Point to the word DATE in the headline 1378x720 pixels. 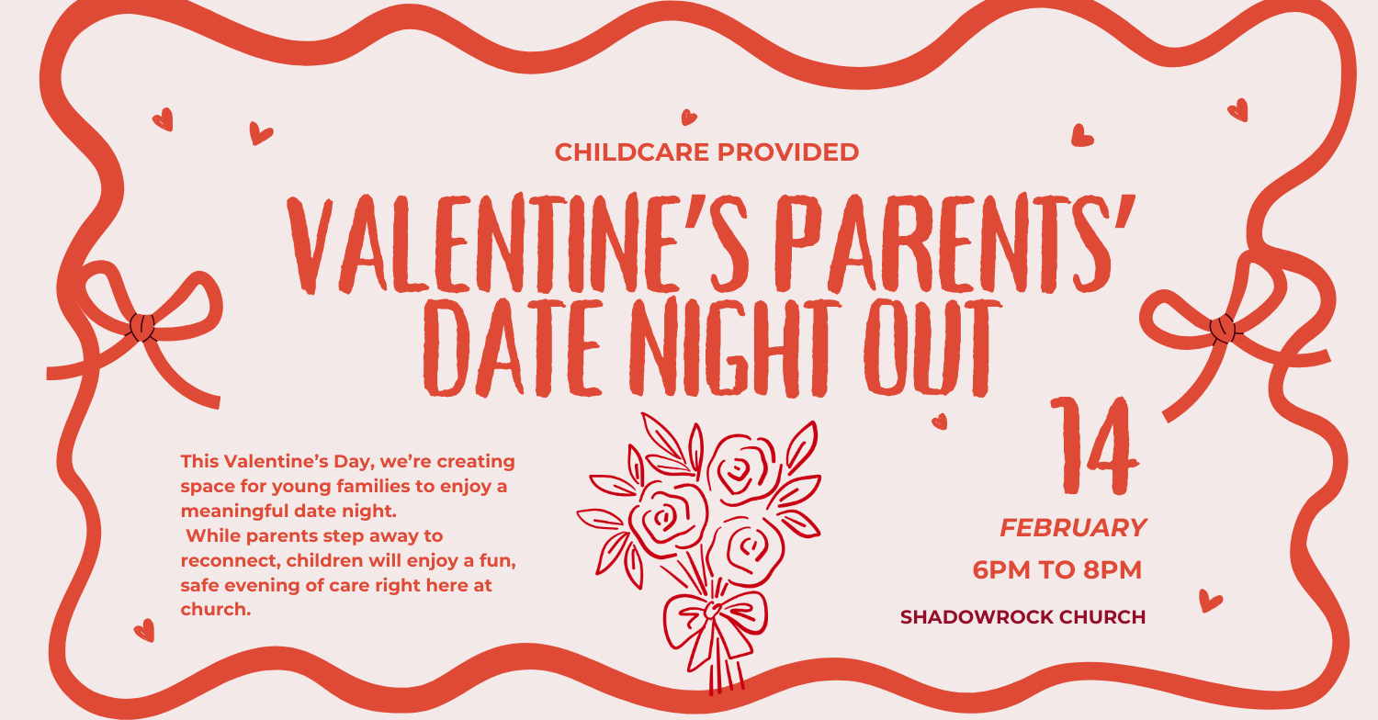(512, 347)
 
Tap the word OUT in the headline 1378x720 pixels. (932, 348)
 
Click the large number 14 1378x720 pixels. (1094, 445)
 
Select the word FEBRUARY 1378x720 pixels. (1073, 527)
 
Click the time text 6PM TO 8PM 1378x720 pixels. (1056, 570)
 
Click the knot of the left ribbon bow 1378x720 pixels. (142, 327)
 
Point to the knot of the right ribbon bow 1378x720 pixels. (1222, 329)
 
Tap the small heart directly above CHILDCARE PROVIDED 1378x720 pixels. (689, 117)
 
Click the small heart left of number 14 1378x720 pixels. (940, 422)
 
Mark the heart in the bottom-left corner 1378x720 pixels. (144, 631)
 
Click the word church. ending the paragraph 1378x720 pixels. (216, 609)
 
